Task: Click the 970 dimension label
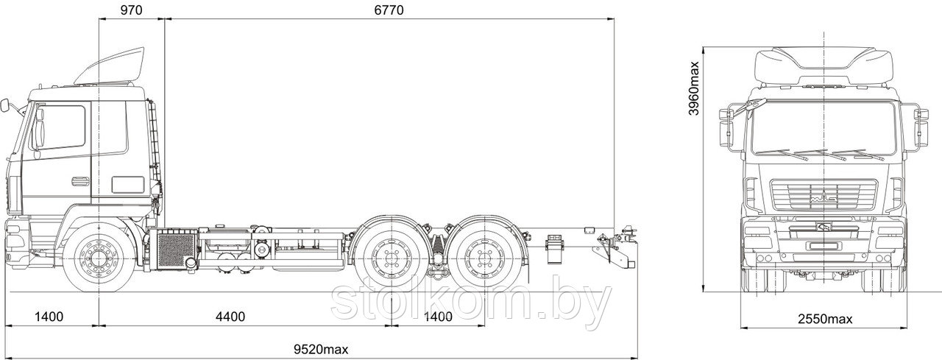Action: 131,10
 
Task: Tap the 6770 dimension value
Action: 389,10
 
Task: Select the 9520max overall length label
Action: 321,349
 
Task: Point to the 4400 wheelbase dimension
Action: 230,317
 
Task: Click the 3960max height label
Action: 694,88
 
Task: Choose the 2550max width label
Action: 825,320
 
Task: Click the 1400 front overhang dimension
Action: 49,317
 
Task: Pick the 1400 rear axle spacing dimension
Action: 437,317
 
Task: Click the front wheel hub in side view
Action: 99,257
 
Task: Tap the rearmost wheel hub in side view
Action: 485,257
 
